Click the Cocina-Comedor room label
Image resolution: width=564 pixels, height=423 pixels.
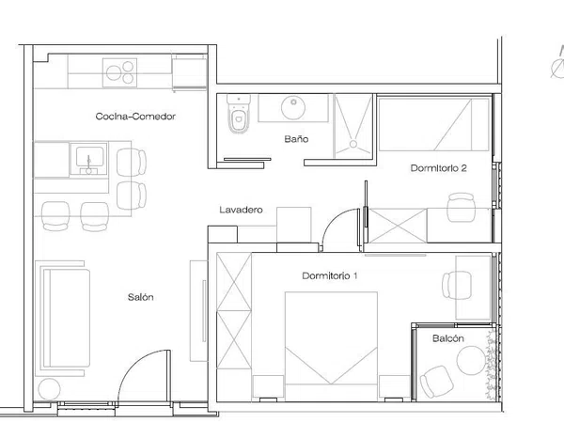tap(135, 117)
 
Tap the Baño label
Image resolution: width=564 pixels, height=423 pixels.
tap(296, 139)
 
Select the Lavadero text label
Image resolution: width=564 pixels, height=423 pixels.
tap(241, 210)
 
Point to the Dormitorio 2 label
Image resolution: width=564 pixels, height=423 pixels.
tap(438, 168)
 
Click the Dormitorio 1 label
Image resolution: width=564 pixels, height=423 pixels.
tap(330, 275)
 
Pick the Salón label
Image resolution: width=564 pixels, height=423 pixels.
tap(141, 297)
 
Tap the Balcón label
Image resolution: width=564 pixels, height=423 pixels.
tap(448, 338)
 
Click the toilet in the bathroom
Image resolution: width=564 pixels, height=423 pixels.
tap(239, 114)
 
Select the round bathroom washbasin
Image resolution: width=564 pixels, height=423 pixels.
tap(293, 107)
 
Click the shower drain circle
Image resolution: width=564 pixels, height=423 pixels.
tap(353, 144)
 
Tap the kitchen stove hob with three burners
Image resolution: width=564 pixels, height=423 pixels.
tap(119, 72)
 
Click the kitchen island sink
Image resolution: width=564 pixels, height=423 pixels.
tap(89, 159)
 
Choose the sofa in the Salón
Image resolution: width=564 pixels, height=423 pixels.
tap(66, 318)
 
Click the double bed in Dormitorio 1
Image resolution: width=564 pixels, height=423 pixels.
tap(331, 346)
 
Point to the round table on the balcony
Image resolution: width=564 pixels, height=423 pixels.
tap(471, 360)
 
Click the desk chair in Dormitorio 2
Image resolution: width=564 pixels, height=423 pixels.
tap(462, 208)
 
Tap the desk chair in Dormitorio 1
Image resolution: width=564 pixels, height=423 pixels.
tap(457, 285)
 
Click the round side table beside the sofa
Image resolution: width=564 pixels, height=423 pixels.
tap(49, 389)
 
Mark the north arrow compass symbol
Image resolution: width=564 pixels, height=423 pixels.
tap(557, 64)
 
